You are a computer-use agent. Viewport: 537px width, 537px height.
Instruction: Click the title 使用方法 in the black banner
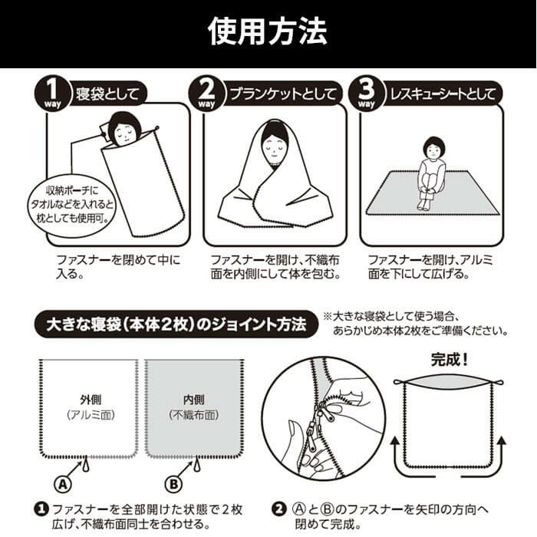tap(268, 31)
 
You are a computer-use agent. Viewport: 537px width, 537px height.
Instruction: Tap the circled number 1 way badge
tap(52, 93)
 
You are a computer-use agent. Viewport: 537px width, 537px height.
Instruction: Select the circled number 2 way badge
tap(206, 93)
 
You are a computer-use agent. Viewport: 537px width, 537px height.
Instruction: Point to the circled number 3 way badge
tap(366, 93)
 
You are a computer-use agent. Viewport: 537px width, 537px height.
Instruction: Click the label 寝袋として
tap(107, 94)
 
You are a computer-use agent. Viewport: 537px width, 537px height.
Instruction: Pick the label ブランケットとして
tap(283, 94)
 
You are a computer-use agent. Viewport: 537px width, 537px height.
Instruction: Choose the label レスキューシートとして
tap(443, 94)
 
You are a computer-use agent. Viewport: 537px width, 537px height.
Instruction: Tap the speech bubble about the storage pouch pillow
tap(71, 205)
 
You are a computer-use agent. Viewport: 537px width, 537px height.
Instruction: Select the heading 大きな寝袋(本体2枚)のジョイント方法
tap(176, 325)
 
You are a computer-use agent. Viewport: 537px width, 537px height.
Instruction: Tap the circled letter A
tap(63, 485)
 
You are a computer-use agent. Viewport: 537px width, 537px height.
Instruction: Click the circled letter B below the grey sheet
tap(174, 485)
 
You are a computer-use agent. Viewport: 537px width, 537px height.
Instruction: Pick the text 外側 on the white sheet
tap(91, 400)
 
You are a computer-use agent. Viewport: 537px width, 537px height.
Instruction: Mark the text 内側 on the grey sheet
tap(194, 400)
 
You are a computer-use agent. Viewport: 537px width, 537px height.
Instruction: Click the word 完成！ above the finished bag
tap(449, 360)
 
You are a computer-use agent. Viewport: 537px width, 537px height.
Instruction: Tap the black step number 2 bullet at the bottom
tap(278, 509)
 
